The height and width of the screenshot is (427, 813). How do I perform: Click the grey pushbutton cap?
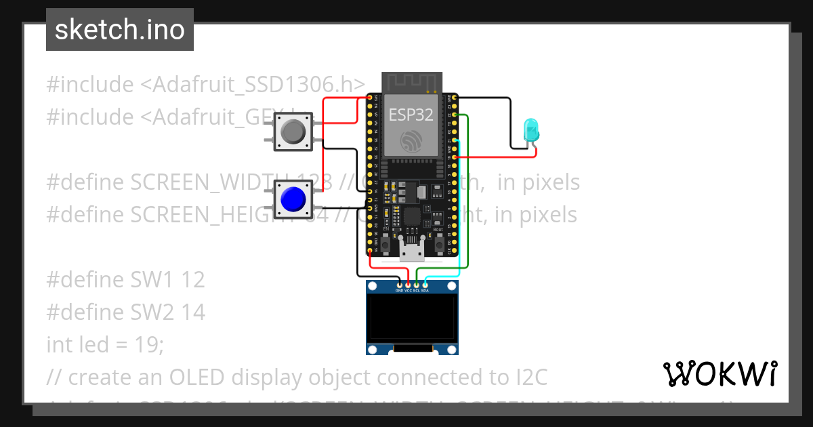pyautogui.click(x=293, y=131)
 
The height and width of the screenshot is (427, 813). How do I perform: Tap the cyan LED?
pyautogui.click(x=530, y=128)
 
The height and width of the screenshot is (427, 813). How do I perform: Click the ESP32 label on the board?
pyautogui.click(x=411, y=115)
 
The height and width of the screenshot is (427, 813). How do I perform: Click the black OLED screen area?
pyautogui.click(x=412, y=318)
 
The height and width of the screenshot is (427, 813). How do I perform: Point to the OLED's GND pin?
pyautogui.click(x=400, y=285)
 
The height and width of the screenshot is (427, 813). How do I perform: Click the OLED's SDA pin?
pyautogui.click(x=425, y=285)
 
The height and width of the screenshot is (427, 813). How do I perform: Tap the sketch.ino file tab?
pyautogui.click(x=120, y=30)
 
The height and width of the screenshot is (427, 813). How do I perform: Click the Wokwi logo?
pyautogui.click(x=720, y=373)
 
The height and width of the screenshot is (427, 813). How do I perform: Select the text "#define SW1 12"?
pyautogui.click(x=125, y=279)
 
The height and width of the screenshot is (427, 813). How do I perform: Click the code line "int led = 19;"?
pyautogui.click(x=105, y=344)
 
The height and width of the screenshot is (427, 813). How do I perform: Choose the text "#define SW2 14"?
pyautogui.click(x=125, y=312)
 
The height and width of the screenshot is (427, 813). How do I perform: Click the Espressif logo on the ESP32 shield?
pyautogui.click(x=411, y=142)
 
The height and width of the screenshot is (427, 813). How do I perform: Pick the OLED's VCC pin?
pyautogui.click(x=408, y=285)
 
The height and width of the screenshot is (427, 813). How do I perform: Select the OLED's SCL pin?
pyautogui.click(x=416, y=285)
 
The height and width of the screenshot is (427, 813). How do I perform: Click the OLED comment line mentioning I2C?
pyautogui.click(x=297, y=377)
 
